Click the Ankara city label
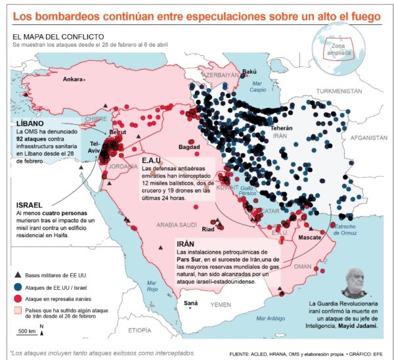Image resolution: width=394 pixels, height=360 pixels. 72,79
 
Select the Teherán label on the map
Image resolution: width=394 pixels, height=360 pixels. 280,127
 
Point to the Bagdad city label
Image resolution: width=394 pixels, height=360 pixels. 188,147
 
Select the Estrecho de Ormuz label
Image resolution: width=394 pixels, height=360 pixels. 346,229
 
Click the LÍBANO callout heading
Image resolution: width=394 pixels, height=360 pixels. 30,123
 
